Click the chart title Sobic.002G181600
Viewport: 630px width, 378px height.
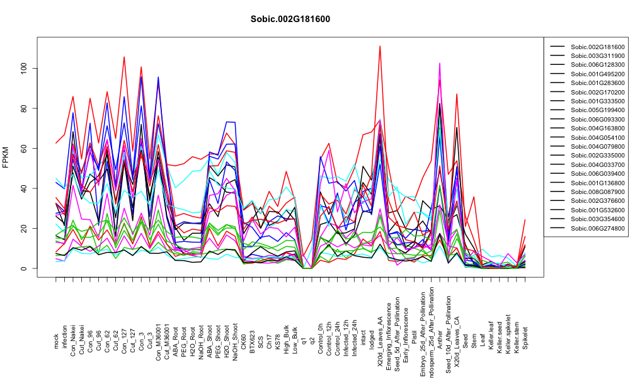[290, 20]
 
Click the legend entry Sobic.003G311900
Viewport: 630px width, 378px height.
[597, 56]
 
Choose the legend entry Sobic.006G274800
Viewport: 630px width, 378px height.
[597, 228]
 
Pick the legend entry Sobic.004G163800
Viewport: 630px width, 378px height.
[597, 129]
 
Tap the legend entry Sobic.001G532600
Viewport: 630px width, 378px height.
[597, 210]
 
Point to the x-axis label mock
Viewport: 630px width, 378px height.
[56, 341]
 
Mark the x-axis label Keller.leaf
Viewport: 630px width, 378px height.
[491, 335]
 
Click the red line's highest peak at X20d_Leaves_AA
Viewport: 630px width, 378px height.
[380, 46]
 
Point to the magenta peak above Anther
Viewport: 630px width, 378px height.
[440, 64]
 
